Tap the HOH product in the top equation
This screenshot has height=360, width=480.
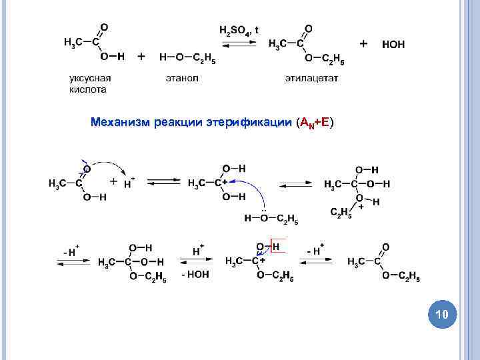393,45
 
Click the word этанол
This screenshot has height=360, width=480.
182,79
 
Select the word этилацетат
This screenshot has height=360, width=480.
311,79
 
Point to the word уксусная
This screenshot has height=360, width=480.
90,79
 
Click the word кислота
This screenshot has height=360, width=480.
88,89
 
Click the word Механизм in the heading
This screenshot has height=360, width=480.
120,123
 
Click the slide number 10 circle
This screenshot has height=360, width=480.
442,313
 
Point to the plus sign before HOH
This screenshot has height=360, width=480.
363,43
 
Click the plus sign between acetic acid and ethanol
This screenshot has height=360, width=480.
141,57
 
